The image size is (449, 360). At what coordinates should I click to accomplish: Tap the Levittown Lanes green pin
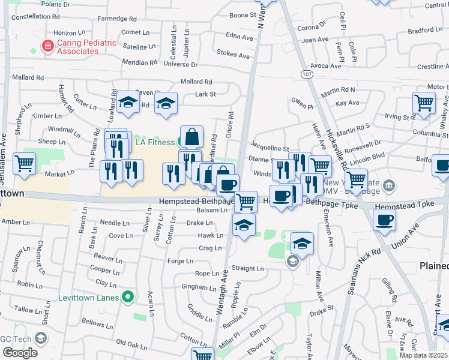(x=127, y=296)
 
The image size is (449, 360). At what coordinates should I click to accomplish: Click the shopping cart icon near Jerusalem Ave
(x=24, y=163)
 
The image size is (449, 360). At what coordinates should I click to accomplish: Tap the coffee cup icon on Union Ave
(x=384, y=220)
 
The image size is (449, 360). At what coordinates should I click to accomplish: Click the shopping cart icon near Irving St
(x=424, y=103)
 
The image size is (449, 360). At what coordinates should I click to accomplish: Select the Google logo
(x=20, y=353)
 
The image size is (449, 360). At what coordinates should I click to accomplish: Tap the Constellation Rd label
(x=36, y=17)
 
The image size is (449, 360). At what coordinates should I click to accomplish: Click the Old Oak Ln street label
(x=131, y=343)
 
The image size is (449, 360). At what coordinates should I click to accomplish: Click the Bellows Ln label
(x=93, y=323)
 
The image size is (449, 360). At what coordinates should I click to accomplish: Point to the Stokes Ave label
(x=233, y=55)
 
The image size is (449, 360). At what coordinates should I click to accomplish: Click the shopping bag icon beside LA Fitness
(x=191, y=137)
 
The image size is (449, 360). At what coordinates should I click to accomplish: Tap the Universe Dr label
(x=180, y=64)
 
